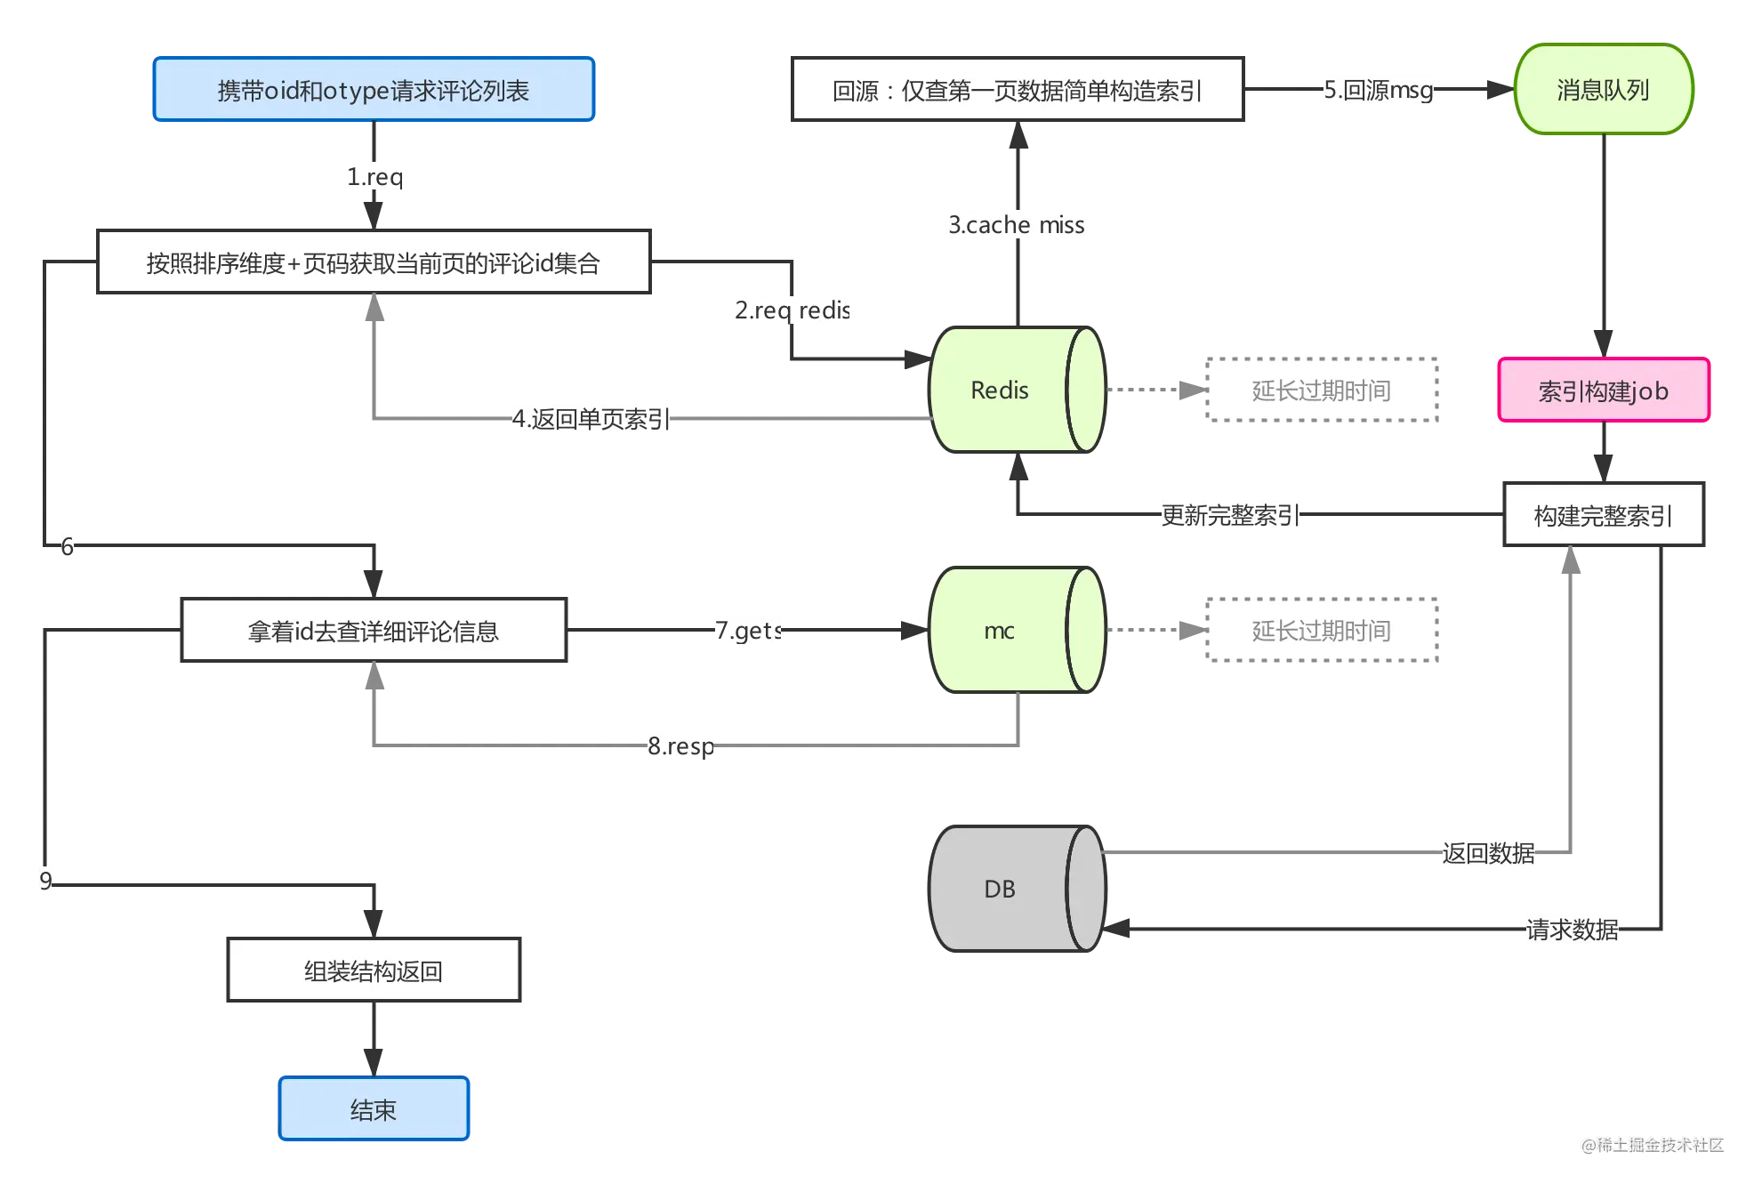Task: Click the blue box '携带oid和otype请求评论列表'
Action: tap(374, 89)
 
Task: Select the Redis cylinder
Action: tap(1018, 390)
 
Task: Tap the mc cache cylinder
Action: tap(1018, 630)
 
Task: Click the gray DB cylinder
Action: tap(1018, 889)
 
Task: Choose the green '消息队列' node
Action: tap(1604, 89)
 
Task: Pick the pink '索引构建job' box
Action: tap(1604, 391)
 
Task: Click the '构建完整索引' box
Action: tap(1604, 515)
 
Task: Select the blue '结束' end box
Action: tap(374, 1108)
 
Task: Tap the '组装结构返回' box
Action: tap(374, 970)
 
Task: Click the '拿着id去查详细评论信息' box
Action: tap(374, 630)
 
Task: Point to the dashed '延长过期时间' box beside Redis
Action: tap(1322, 390)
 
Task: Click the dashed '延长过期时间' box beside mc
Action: tap(1322, 630)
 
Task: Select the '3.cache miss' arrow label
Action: tap(1017, 225)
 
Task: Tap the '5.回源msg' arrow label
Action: tap(1379, 90)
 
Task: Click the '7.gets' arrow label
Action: tap(749, 631)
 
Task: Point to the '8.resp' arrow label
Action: tap(681, 745)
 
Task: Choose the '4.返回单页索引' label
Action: tap(591, 419)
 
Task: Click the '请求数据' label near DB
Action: tap(1573, 930)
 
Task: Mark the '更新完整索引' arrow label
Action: tap(1231, 515)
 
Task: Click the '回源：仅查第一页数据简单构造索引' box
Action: tap(1018, 89)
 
